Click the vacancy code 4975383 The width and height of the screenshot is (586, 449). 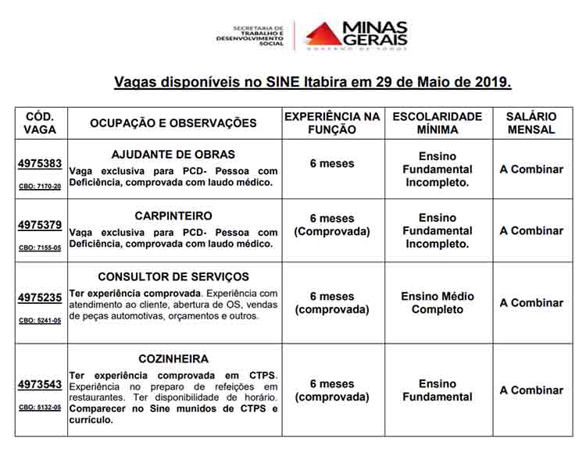click(x=40, y=164)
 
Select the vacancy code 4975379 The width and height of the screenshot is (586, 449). click(x=40, y=226)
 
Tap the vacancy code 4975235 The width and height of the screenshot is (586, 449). click(x=40, y=298)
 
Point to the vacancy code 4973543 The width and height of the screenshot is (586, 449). click(x=40, y=385)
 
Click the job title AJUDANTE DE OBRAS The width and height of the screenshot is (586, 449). click(x=173, y=154)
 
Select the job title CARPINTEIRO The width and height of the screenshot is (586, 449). click(x=173, y=216)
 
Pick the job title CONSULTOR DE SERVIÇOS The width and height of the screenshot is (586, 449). click(x=173, y=277)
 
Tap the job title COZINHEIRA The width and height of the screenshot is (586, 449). click(x=173, y=359)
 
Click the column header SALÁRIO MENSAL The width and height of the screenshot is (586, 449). click(x=531, y=123)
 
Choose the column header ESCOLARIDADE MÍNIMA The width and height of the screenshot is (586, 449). click(x=438, y=123)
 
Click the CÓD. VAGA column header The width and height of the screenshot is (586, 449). click(x=40, y=123)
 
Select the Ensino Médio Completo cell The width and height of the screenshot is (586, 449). click(x=438, y=303)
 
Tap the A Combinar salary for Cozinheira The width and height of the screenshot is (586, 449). click(x=531, y=390)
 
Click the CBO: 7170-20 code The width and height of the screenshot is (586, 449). click(x=40, y=187)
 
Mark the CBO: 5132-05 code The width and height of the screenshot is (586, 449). click(x=40, y=408)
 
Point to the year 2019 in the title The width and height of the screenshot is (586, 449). click(x=492, y=81)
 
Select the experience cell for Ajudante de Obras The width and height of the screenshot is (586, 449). click(x=332, y=164)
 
